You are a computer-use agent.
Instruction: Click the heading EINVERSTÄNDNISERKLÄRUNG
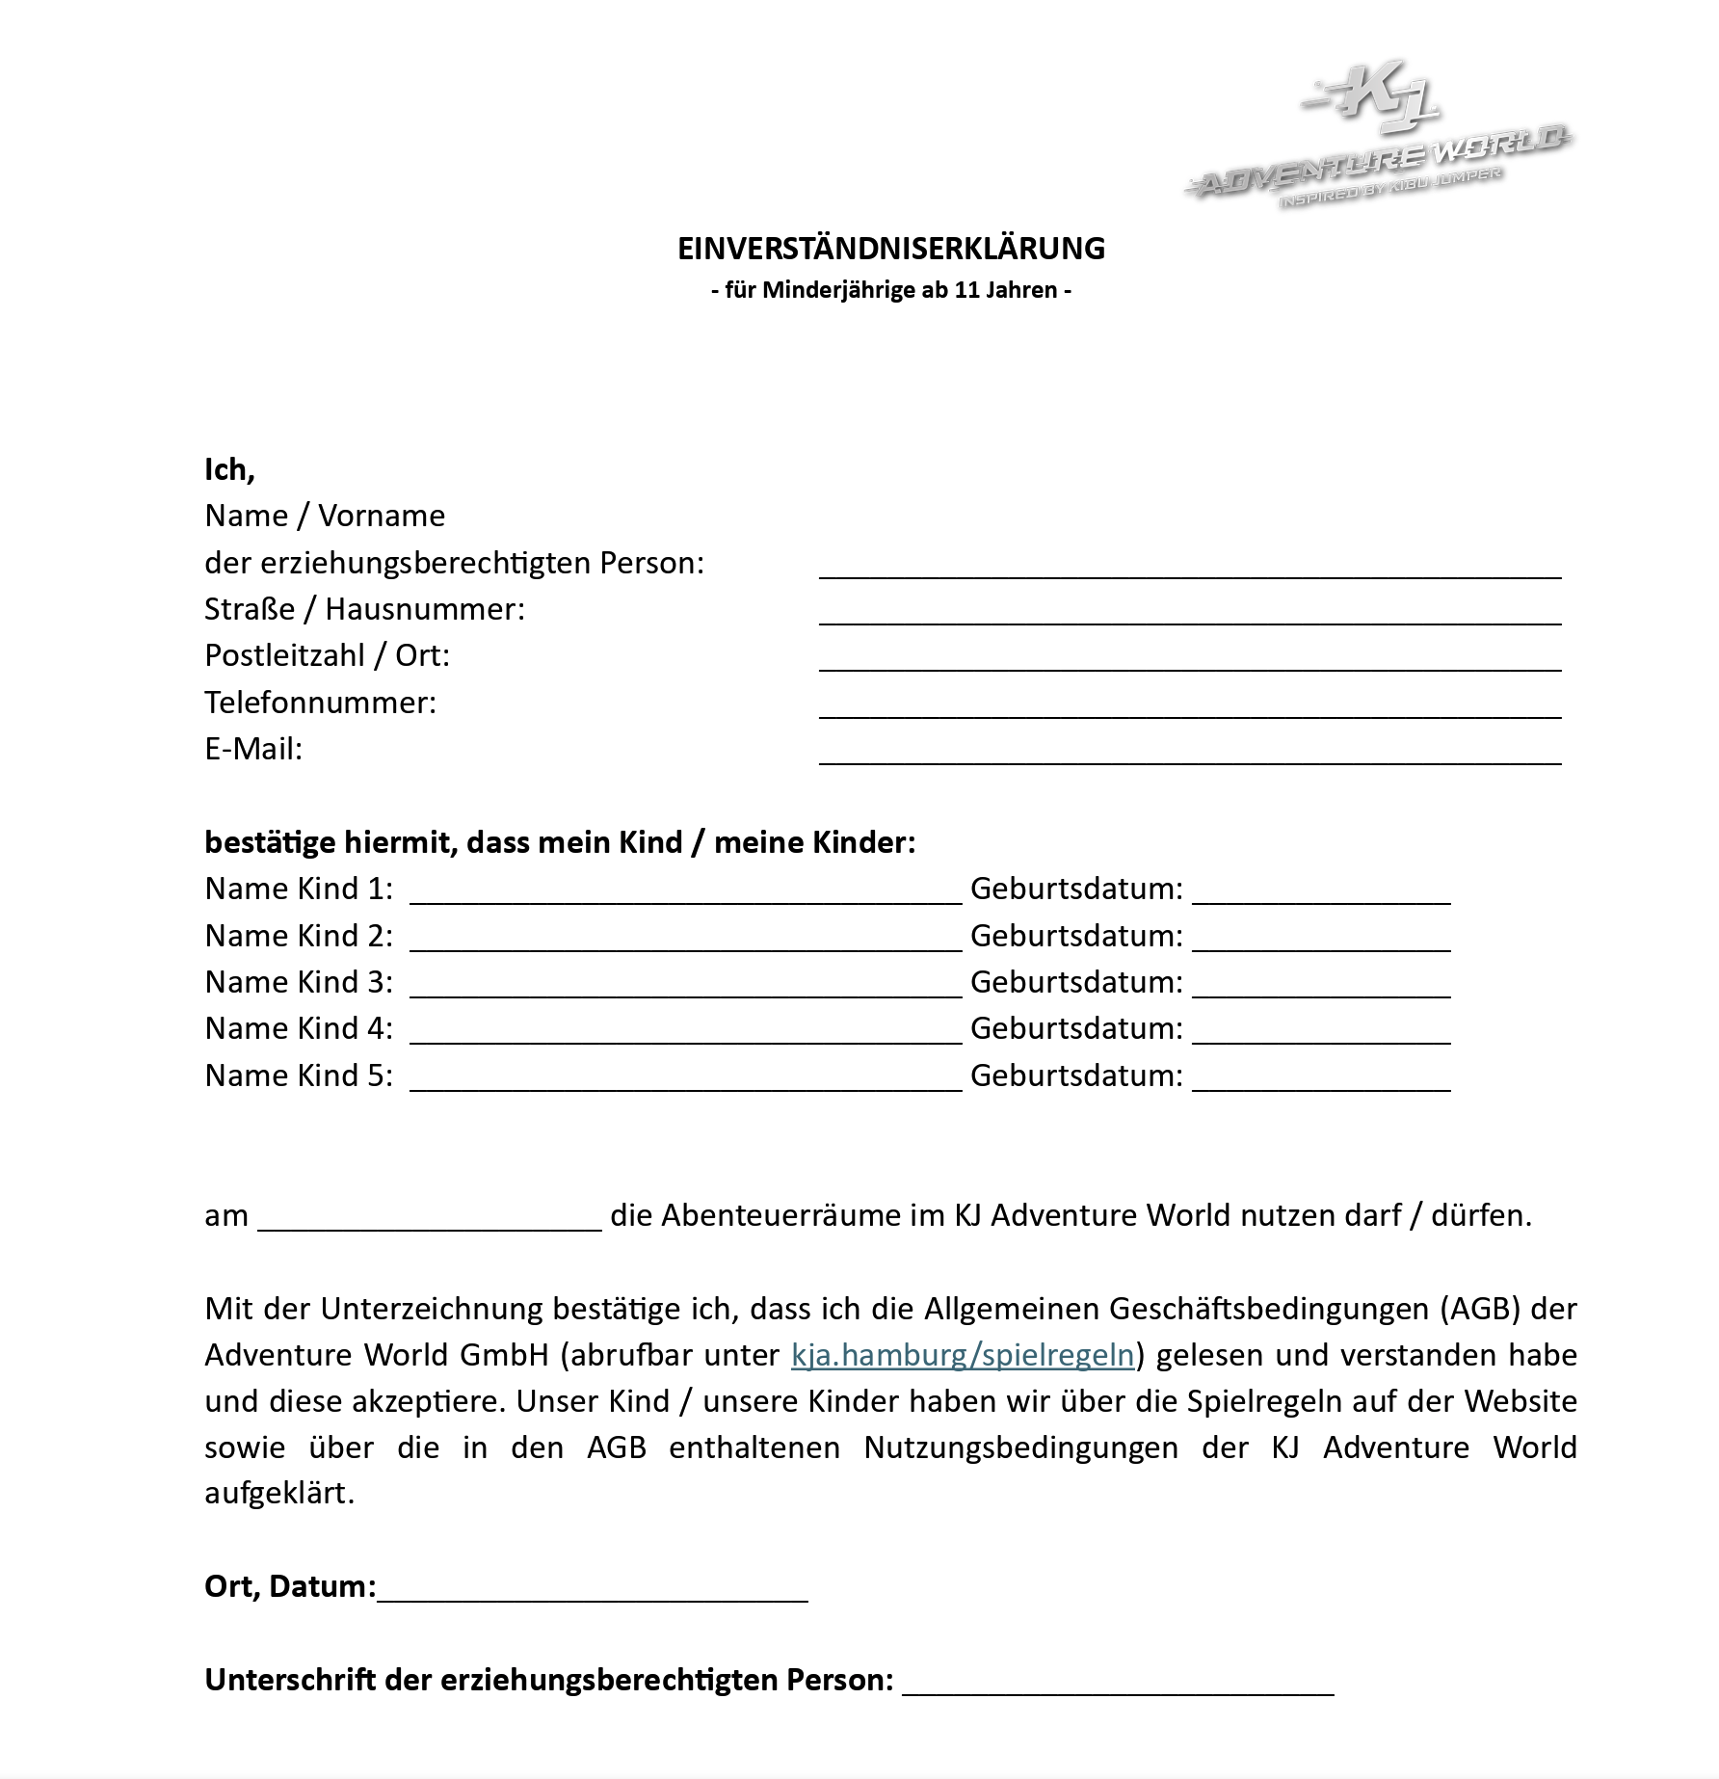890,249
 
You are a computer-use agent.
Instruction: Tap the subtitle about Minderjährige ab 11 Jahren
890,290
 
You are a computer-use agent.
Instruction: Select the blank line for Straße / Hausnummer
1189,617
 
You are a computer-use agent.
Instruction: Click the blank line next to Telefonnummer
1189,710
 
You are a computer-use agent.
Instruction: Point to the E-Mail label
253,749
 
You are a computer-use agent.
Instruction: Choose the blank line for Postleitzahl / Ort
1189,663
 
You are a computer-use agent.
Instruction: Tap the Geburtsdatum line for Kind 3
1320,990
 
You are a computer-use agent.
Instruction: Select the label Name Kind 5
299,1075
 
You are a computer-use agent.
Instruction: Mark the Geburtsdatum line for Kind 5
1320,1083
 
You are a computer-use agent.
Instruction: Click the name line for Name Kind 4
685,1036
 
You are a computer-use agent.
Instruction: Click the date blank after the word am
430,1223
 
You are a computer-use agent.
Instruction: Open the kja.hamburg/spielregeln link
962,1355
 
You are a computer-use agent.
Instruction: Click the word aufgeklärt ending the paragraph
279,1493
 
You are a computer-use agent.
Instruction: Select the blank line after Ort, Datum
592,1594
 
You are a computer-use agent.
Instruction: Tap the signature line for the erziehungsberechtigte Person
1118,1686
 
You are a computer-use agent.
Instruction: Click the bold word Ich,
229,469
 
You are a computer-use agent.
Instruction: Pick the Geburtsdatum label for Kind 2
1076,936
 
